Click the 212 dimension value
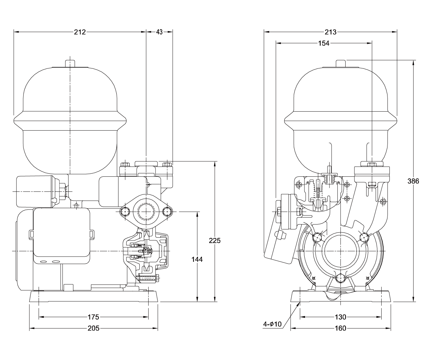(80, 32)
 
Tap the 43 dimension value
(159, 32)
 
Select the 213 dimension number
(331, 32)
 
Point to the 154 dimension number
(324, 43)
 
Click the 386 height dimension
(413, 181)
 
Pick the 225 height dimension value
(215, 241)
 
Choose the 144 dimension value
(197, 259)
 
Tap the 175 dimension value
(93, 317)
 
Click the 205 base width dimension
(94, 328)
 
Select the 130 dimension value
(340, 317)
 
